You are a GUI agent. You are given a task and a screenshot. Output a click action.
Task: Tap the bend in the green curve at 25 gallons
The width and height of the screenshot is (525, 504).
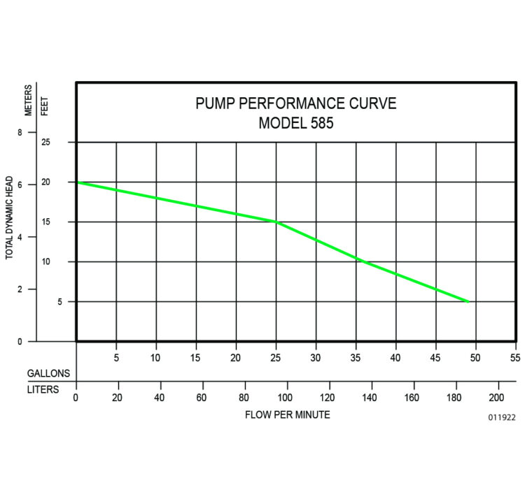(276, 222)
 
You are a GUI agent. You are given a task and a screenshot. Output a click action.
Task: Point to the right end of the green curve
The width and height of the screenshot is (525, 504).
(468, 301)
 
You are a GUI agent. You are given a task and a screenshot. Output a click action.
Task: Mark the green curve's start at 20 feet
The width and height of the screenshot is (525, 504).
(78, 182)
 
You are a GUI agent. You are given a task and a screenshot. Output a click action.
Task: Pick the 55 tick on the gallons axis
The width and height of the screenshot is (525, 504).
(516, 358)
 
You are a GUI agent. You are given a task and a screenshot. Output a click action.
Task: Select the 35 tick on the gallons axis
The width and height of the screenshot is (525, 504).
(356, 358)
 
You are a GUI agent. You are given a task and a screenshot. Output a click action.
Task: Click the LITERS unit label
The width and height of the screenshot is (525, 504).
(43, 389)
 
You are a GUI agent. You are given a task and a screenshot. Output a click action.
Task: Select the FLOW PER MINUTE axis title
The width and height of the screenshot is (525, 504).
(287, 415)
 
